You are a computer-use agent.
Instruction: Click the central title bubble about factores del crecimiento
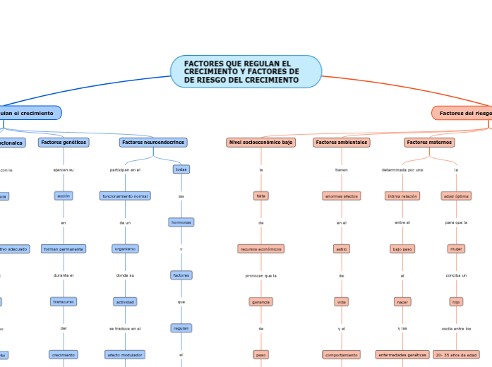(246, 72)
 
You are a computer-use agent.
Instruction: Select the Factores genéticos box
(64, 143)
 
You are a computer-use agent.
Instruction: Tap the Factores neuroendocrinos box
(153, 143)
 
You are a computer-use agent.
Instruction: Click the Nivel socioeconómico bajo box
(261, 143)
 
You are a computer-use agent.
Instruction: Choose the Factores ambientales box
(342, 143)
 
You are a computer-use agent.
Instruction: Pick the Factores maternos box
(429, 143)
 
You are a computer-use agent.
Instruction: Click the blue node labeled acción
(64, 195)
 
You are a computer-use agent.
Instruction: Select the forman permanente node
(64, 249)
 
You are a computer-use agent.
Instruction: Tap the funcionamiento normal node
(125, 195)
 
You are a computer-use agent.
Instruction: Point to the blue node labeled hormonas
(181, 222)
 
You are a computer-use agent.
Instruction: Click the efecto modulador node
(125, 354)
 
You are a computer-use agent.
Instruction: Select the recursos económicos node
(261, 249)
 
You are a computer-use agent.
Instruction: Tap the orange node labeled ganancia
(261, 302)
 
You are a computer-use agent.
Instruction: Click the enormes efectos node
(342, 195)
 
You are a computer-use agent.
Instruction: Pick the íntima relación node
(402, 195)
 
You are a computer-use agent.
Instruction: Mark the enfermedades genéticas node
(402, 354)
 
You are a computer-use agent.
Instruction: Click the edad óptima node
(456, 195)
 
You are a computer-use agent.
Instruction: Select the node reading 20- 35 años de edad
(456, 354)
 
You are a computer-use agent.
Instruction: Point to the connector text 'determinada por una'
(402, 170)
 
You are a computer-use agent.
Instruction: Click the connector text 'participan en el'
(125, 170)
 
